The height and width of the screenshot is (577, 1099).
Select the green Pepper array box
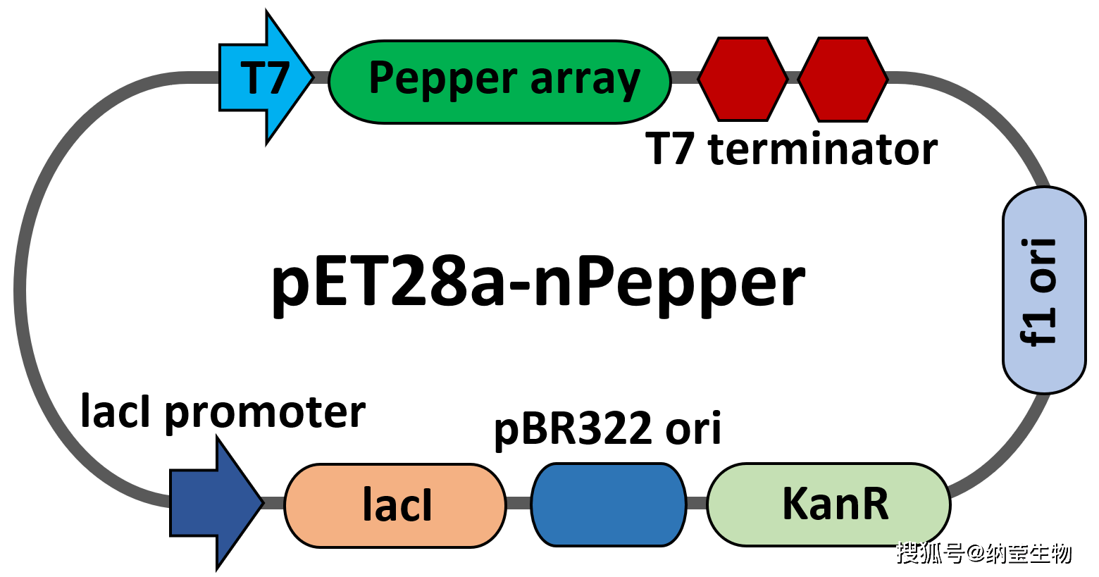pyautogui.click(x=499, y=82)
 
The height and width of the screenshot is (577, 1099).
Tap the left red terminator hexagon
pyautogui.click(x=743, y=79)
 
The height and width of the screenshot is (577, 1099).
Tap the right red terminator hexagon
pyautogui.click(x=843, y=79)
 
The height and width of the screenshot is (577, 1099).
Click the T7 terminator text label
pyautogui.click(x=791, y=149)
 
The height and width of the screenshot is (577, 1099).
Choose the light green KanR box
pyautogui.click(x=828, y=504)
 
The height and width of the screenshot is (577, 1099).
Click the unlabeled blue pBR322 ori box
pyautogui.click(x=609, y=504)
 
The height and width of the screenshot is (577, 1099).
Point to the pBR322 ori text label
pyautogui.click(x=607, y=428)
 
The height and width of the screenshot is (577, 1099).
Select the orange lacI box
pyautogui.click(x=395, y=505)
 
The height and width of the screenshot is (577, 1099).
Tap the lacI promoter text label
pyautogui.click(x=223, y=412)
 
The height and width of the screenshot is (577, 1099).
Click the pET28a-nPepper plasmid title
pyautogui.click(x=538, y=283)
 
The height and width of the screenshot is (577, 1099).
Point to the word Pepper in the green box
pyautogui.click(x=443, y=79)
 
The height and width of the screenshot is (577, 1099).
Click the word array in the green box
pyautogui.click(x=585, y=80)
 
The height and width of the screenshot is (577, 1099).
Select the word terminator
pyautogui.click(x=822, y=149)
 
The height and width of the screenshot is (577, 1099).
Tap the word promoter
pyautogui.click(x=265, y=414)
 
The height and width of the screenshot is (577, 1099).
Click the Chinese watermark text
pyautogui.click(x=983, y=553)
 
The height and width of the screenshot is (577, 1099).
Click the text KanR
pyautogui.click(x=836, y=504)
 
